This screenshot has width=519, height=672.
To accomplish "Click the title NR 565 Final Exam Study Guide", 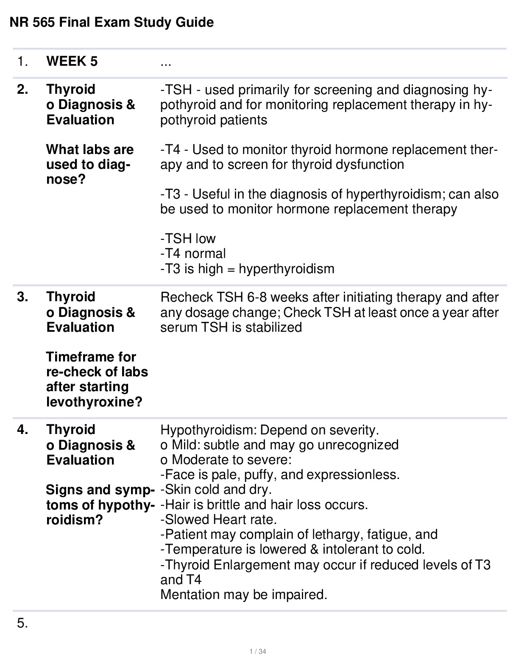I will point(112,22).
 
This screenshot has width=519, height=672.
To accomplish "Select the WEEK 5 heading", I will point(72,62).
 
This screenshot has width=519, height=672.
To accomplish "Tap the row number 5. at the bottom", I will point(22,623).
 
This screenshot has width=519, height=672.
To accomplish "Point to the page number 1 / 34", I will point(258,652).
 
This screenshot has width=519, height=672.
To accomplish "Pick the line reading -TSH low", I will point(188,238).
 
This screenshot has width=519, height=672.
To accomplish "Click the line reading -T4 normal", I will point(193,254).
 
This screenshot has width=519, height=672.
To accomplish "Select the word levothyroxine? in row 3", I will point(94,402).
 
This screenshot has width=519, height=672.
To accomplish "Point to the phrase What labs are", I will point(89,149).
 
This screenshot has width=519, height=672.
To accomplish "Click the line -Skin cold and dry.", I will point(216,490).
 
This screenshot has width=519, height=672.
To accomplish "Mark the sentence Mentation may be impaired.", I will point(244,594).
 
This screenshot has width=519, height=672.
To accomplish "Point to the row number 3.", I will point(22,297).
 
